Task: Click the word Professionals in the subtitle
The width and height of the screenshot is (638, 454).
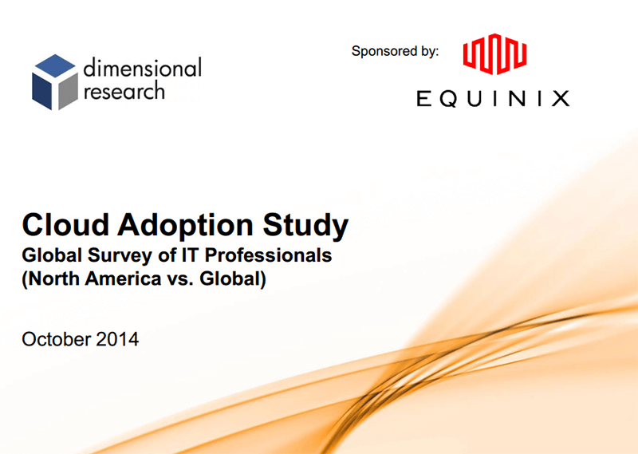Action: point(262,258)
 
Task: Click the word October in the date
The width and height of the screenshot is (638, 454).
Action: point(56,339)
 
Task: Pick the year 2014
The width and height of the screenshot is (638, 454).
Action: point(117,339)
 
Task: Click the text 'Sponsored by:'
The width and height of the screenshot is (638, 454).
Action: point(395,51)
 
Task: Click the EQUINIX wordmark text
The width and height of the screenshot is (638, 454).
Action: point(493,98)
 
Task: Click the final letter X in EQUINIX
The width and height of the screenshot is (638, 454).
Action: point(561,98)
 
